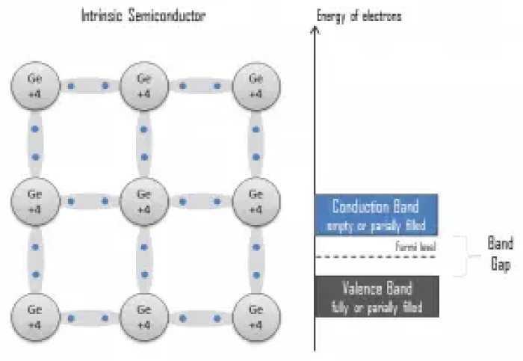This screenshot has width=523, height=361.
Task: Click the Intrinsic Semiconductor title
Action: [143, 14]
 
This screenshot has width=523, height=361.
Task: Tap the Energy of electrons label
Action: [359, 14]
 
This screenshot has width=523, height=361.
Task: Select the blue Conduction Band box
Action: [376, 215]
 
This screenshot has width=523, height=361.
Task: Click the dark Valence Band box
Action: [376, 297]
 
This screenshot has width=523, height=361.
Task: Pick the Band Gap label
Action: [500, 255]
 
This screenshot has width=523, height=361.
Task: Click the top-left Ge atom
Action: [32, 86]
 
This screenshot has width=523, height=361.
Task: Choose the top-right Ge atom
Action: [256, 86]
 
